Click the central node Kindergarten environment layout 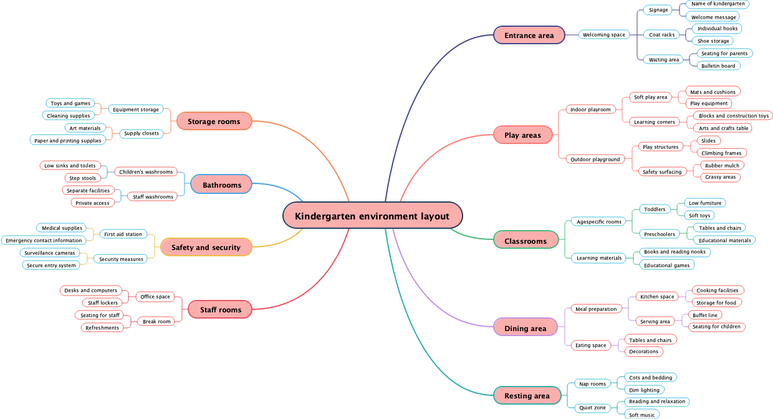pyautogui.click(x=372, y=216)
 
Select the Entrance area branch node pyautogui.click(x=529, y=35)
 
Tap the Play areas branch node pyautogui.click(x=522, y=135)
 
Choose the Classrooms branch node pyautogui.click(x=525, y=241)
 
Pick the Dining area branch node pyautogui.click(x=525, y=328)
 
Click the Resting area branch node pyautogui.click(x=527, y=395)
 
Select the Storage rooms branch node pyautogui.click(x=214, y=121)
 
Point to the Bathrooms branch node pyautogui.click(x=221, y=185)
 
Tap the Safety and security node pyautogui.click(x=206, y=247)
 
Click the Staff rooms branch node pyautogui.click(x=220, y=309)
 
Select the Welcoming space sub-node pyautogui.click(x=603, y=35)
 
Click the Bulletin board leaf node pyautogui.click(x=718, y=66)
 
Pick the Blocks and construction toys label pyautogui.click(x=733, y=116)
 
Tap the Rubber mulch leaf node pyautogui.click(x=722, y=166)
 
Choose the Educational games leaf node pyautogui.click(x=666, y=265)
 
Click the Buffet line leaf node pyautogui.click(x=704, y=315)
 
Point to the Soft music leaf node pyautogui.click(x=641, y=415)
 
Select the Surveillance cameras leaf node pyautogui.click(x=50, y=253)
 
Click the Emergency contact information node pyautogui.click(x=44, y=241)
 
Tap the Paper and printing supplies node pyautogui.click(x=67, y=141)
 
